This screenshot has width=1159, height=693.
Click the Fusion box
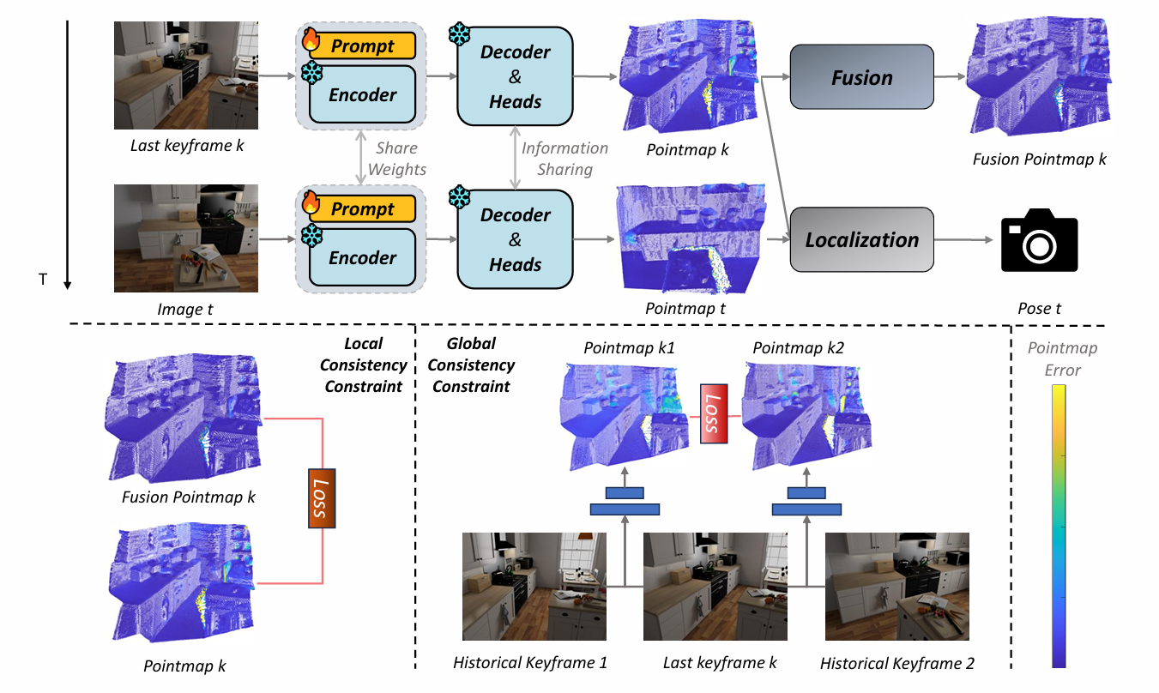coord(861,77)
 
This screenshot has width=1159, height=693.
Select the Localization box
coord(861,239)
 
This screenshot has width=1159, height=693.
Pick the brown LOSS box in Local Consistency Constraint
coord(322,497)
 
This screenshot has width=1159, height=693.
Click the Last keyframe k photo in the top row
coord(186,75)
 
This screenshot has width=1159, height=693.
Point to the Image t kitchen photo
coord(186,238)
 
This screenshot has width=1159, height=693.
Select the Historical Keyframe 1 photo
coord(534,586)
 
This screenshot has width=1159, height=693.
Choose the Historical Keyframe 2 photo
coord(896,586)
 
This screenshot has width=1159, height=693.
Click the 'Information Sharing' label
coord(564,159)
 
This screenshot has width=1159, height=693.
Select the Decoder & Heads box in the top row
coord(515,76)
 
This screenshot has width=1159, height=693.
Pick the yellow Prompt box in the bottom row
coord(363,209)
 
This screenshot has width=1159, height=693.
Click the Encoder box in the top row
coord(363,95)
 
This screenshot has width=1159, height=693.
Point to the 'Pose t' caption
coord(1039,308)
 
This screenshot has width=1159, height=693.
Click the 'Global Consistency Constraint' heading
coord(471,365)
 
